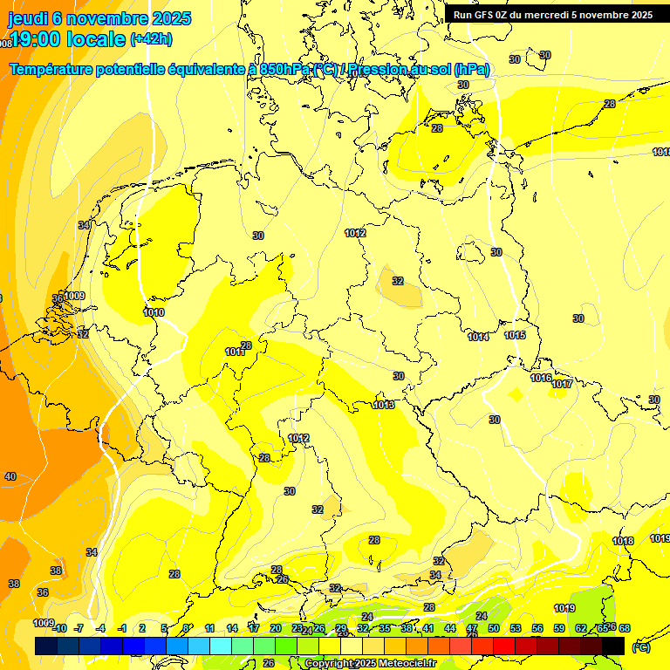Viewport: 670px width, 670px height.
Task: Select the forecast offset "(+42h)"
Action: click(x=151, y=39)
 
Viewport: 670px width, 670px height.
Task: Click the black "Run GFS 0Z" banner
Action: click(x=553, y=15)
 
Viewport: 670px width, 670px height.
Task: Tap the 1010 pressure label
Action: click(x=154, y=312)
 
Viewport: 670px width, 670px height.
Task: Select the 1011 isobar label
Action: click(x=235, y=352)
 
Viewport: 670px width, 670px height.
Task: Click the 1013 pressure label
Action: click(x=384, y=405)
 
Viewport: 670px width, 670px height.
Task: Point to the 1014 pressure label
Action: click(x=478, y=337)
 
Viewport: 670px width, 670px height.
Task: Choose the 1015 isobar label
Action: click(x=515, y=335)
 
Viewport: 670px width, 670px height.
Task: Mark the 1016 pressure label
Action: click(x=541, y=378)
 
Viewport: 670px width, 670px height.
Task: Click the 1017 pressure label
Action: click(x=562, y=384)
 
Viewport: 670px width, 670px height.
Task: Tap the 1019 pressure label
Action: click(x=564, y=608)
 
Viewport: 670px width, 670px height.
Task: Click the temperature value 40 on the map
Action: click(x=10, y=476)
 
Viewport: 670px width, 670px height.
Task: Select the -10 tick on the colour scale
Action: click(x=58, y=628)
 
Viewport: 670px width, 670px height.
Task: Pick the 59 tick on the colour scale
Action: click(x=558, y=628)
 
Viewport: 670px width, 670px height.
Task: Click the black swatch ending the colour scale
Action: click(x=613, y=646)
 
